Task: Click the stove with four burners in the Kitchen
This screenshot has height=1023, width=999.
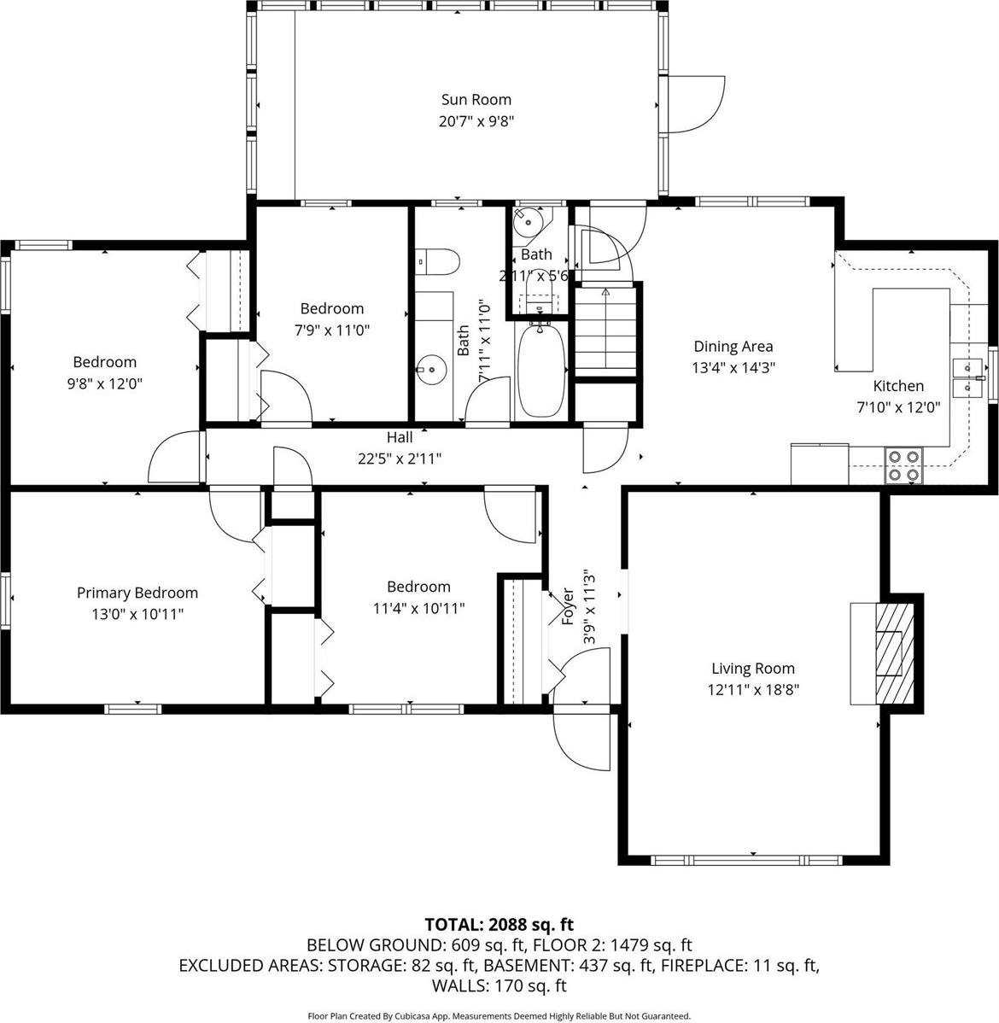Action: tap(904, 465)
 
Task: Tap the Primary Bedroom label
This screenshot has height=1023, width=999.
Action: tap(137, 593)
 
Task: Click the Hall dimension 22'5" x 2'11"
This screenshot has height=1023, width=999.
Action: tap(399, 459)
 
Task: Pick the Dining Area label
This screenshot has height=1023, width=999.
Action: tap(733, 346)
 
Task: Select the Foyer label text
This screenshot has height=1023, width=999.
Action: tap(567, 605)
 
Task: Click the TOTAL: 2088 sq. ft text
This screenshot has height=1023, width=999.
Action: tap(499, 924)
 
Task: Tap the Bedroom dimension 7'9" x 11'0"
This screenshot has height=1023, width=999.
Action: tap(331, 330)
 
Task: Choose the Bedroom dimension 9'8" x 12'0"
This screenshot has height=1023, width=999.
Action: tap(104, 383)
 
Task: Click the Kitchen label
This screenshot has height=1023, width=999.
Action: tap(897, 386)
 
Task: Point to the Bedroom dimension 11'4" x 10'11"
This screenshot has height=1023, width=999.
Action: tap(418, 608)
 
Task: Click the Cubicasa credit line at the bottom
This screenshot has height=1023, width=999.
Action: tap(499, 1016)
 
